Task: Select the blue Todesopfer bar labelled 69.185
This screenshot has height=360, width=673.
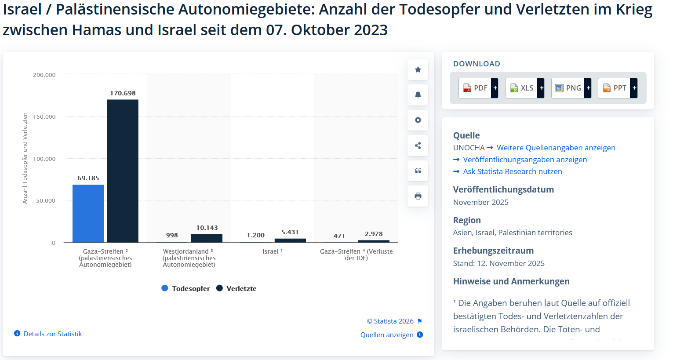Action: (x=88, y=213)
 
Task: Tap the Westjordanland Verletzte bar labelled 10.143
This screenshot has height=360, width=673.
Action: (x=207, y=238)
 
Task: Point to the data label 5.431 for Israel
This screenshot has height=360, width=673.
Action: (x=290, y=232)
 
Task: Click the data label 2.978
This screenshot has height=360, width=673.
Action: (x=374, y=234)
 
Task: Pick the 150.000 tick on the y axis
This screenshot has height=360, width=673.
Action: (x=44, y=117)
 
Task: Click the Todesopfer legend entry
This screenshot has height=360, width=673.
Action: (x=186, y=288)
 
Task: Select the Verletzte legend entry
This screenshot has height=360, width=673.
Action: (x=236, y=288)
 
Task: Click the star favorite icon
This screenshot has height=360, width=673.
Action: (x=418, y=69)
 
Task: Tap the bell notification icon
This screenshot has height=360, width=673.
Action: (x=418, y=95)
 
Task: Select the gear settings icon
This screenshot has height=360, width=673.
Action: (x=418, y=120)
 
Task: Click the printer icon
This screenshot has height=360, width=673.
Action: (x=418, y=196)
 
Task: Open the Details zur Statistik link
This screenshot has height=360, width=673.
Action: (x=52, y=334)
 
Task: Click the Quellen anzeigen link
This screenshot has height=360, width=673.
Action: (x=387, y=335)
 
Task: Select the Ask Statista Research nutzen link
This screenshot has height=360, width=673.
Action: (x=512, y=171)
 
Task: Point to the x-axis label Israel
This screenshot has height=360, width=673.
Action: (x=271, y=251)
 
